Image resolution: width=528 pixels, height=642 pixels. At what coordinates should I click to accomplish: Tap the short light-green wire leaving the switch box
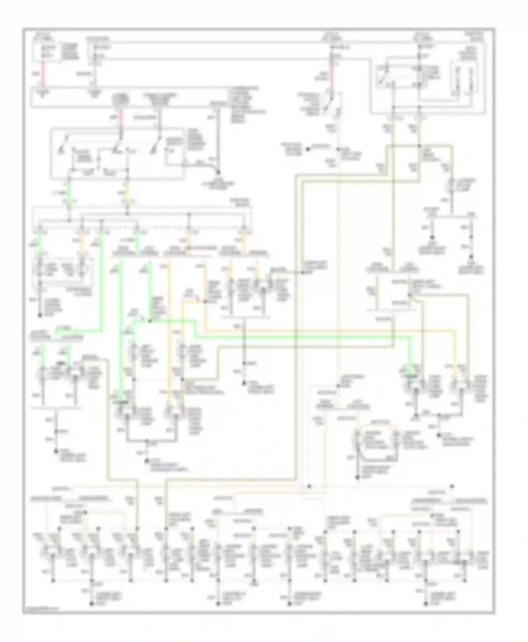pyautogui.click(x=69, y=187)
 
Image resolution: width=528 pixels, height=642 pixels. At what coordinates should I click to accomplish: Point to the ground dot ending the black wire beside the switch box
pyautogui.click(x=218, y=173)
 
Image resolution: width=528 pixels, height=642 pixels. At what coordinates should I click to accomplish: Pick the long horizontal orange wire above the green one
pyautogui.click(x=317, y=331)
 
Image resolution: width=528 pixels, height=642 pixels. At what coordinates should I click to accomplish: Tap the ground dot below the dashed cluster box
pyautogui.click(x=40, y=315)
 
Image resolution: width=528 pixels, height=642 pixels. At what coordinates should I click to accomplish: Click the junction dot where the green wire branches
pyautogui.click(x=150, y=321)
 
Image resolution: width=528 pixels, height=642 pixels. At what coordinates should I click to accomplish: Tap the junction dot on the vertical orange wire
pyautogui.click(x=205, y=301)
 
